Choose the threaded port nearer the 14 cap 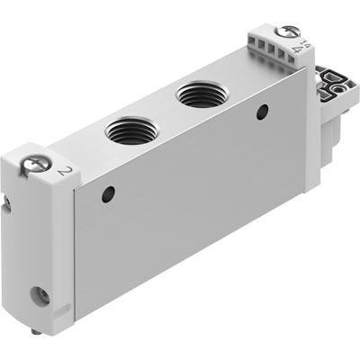pos(195,91)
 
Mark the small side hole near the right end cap pos(262,111)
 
